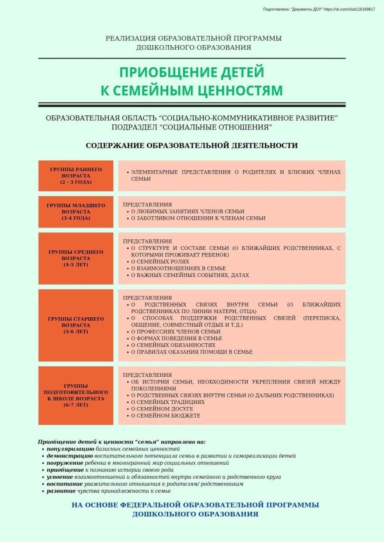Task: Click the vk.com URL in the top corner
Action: [349, 9]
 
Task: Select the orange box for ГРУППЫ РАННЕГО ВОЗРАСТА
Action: [76, 176]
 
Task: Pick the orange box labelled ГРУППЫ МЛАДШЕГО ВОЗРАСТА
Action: [76, 211]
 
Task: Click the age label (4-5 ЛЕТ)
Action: [76, 265]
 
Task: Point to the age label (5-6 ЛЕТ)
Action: [76, 332]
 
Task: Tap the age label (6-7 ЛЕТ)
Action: [76, 405]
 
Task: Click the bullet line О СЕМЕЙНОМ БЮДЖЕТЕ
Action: [165, 415]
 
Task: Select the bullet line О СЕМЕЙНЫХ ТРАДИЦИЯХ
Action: [168, 402]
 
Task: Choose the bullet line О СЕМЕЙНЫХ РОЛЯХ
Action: [160, 262]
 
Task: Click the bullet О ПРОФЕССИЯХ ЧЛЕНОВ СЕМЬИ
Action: [175, 332]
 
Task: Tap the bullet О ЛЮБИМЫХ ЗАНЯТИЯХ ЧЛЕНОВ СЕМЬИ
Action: [187, 211]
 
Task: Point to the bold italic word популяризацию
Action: [70, 449]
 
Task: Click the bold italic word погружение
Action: [65, 463]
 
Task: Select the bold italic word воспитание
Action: [64, 484]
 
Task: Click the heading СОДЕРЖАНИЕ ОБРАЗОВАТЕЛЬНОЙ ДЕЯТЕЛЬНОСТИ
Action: [192, 146]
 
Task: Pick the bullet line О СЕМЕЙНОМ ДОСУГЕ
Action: [162, 409]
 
